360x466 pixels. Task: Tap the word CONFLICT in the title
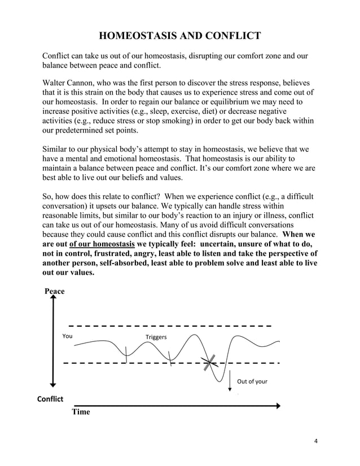point(231,37)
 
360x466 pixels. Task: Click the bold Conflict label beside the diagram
point(50,399)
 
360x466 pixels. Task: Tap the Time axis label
point(81,412)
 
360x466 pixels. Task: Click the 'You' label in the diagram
point(67,336)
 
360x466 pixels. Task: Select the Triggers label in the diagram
point(156,337)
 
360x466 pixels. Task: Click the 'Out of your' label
point(252,381)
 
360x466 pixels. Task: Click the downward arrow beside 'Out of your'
point(231,382)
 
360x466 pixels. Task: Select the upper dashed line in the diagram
point(169,326)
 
